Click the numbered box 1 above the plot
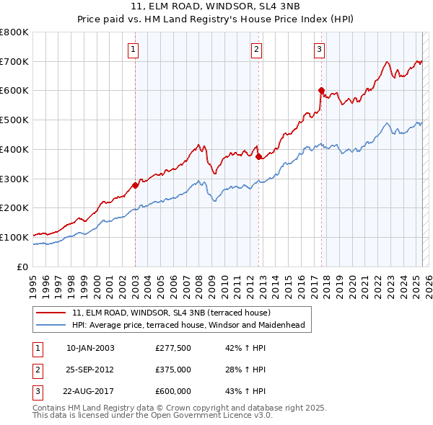click(134, 50)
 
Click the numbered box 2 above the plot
click(257, 50)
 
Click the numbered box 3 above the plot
click(319, 50)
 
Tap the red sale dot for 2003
click(135, 185)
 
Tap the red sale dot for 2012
click(259, 156)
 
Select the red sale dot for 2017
click(322, 90)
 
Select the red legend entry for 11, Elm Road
click(171, 313)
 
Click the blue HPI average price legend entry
click(188, 325)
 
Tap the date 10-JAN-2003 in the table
click(90, 348)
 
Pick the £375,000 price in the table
click(173, 370)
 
